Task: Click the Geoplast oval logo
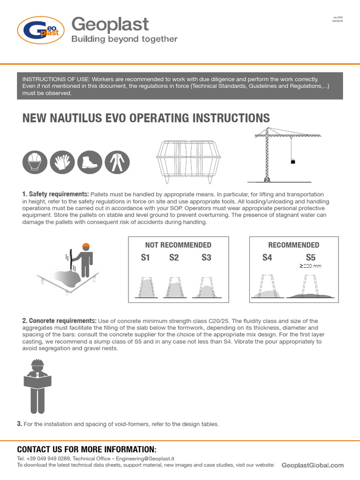coord(40,30)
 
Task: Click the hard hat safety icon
coord(34,162)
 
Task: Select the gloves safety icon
coord(61,162)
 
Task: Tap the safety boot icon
coord(88,162)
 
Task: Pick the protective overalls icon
coord(115,162)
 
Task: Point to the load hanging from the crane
coord(293,162)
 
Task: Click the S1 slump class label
coord(145,257)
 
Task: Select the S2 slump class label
coord(174,257)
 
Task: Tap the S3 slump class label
coord(206,257)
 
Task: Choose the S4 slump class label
coord(267,257)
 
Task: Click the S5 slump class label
coord(311,257)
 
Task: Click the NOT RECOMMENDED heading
coord(178,245)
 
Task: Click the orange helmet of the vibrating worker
coord(85,246)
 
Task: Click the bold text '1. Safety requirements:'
coord(55,194)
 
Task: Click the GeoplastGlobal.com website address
coord(313,465)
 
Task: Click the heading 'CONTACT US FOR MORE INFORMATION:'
coord(87,449)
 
